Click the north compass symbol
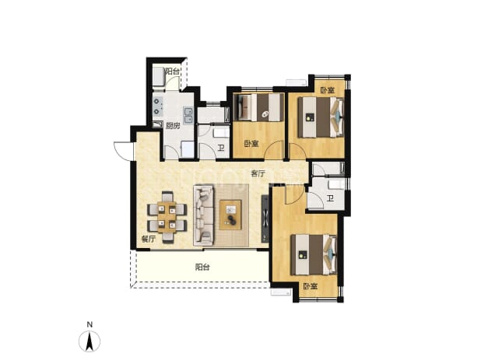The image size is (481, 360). point(90,341)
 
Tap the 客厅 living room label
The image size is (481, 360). point(258,173)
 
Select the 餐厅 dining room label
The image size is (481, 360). point(149,239)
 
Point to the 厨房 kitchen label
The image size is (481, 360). point(173,126)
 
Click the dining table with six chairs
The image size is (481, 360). point(167,217)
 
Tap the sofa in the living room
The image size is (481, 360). point(204,215)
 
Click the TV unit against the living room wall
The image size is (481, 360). point(265,218)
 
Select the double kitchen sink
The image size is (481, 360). point(188,115)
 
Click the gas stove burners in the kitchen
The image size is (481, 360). point(158,106)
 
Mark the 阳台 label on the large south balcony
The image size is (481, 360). point(202,267)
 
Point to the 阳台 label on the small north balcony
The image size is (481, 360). point(172,72)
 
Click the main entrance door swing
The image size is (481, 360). point(123,151)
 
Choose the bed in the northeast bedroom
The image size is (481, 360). point(321,117)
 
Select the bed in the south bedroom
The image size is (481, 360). point(314,254)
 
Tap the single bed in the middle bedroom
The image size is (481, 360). point(259,107)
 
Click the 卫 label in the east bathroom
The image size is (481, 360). point(330,199)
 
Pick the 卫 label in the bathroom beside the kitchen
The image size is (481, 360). point(221,149)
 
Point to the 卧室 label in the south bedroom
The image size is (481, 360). point(310,287)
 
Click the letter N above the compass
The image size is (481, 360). point(90,325)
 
